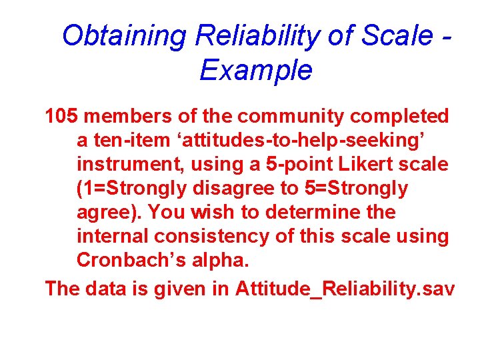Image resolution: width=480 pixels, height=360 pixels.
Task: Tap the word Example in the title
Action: [x=255, y=70]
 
